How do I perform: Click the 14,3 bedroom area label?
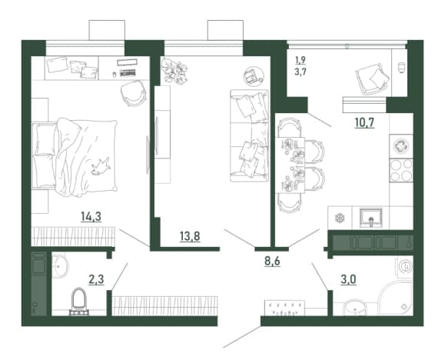(91, 217)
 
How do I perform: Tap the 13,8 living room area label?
(190, 236)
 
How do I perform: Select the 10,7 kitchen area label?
(364, 122)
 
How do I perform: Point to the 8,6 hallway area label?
(272, 261)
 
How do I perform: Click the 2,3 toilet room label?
(96, 279)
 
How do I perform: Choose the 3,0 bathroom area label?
(348, 279)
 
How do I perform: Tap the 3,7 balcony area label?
(301, 72)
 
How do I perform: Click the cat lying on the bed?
(100, 167)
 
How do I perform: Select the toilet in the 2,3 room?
(79, 302)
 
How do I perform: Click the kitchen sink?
(371, 218)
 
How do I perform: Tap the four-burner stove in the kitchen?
(401, 170)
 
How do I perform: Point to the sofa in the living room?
(249, 136)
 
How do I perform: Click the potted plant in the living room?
(174, 72)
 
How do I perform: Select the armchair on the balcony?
(372, 78)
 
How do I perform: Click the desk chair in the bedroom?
(134, 93)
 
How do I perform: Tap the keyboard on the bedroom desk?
(127, 73)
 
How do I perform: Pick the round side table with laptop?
(254, 76)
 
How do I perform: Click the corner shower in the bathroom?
(395, 298)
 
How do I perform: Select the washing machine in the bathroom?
(405, 267)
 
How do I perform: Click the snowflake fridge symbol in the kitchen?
(339, 218)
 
